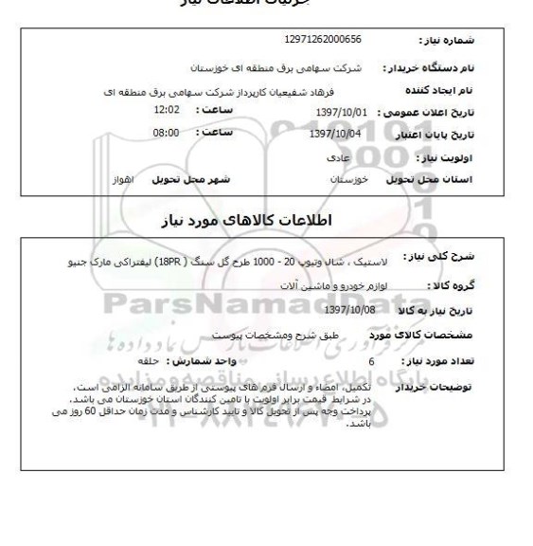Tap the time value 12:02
click(x=167, y=110)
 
